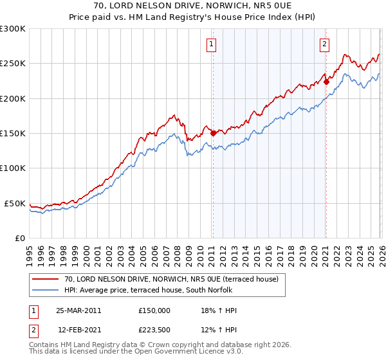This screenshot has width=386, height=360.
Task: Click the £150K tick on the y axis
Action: click(x=13, y=134)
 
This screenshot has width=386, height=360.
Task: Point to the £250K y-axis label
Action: click(x=13, y=64)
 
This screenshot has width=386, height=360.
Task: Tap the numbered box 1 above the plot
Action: click(x=212, y=44)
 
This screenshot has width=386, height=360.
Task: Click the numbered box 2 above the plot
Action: click(x=324, y=44)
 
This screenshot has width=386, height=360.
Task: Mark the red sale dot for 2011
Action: click(x=213, y=134)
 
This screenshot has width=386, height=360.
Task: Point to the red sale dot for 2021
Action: click(x=326, y=82)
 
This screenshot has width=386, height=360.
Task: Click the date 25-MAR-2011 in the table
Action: click(x=79, y=310)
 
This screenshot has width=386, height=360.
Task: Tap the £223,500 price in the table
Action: click(x=154, y=330)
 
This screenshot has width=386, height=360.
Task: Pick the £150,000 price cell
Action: click(x=154, y=310)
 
